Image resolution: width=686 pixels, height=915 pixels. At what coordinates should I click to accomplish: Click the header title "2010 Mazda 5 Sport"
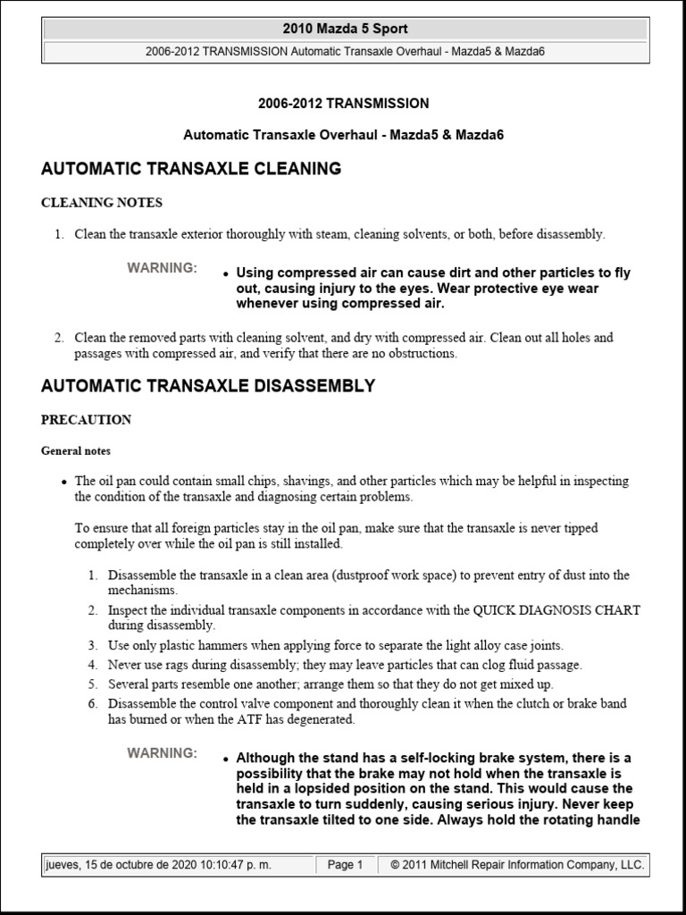coord(345,29)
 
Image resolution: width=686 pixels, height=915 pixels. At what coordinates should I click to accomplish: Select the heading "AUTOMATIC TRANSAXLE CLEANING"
coord(191,168)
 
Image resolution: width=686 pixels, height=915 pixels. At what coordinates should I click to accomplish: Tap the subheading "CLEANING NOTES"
coord(102,203)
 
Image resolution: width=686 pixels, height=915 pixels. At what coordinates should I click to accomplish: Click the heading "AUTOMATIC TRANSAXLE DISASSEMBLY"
coord(208,386)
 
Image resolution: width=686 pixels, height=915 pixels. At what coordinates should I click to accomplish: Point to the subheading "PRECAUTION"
coord(87,420)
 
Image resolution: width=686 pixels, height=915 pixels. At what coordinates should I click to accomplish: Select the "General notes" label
coord(76,451)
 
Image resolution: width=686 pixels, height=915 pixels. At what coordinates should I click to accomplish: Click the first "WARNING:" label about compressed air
coord(162,268)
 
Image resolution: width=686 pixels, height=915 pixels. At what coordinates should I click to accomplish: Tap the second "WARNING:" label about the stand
coord(162,753)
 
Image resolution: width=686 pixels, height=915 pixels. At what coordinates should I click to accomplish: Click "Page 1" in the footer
coord(345,865)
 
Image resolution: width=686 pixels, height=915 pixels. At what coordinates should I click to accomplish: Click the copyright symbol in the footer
coord(395,865)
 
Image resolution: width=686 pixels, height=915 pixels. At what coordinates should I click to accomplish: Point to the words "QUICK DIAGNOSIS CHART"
coord(556,610)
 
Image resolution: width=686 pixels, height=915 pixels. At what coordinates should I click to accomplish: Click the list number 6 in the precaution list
coord(92,704)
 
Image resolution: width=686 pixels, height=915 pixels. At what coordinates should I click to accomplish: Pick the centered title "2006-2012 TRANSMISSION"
coord(343,104)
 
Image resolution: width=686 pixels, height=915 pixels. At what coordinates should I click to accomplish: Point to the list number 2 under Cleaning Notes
coord(58,338)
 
